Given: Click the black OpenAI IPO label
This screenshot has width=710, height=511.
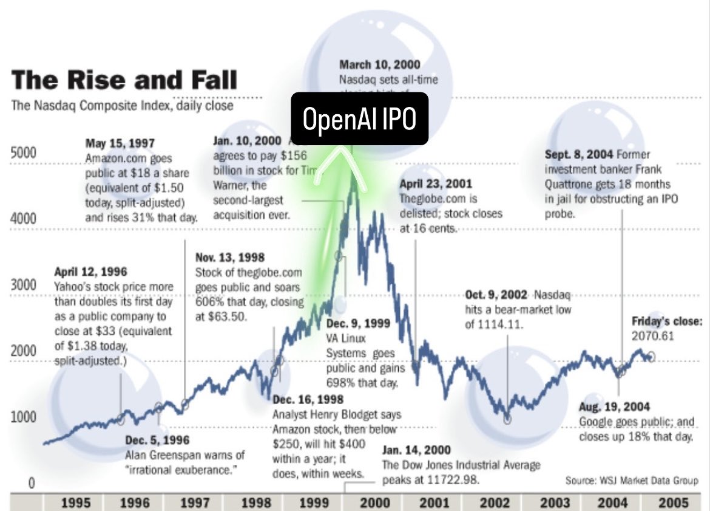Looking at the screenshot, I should (x=359, y=120).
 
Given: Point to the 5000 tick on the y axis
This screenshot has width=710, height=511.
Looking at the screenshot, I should (x=24, y=153).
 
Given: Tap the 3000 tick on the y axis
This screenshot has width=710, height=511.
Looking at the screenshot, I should (x=24, y=285).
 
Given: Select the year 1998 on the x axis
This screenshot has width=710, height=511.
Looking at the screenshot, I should (x=255, y=503).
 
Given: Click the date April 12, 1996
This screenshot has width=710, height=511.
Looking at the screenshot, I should (x=90, y=272).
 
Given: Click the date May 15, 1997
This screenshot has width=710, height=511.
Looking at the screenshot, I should (x=120, y=143).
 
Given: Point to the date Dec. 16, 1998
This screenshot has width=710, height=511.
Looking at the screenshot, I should (x=308, y=399).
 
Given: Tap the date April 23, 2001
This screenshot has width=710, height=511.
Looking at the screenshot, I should (x=436, y=183).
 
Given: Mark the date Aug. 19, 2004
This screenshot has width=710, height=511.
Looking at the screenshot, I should (x=614, y=406).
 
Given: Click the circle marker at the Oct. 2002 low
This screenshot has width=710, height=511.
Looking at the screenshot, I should (x=507, y=419).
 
